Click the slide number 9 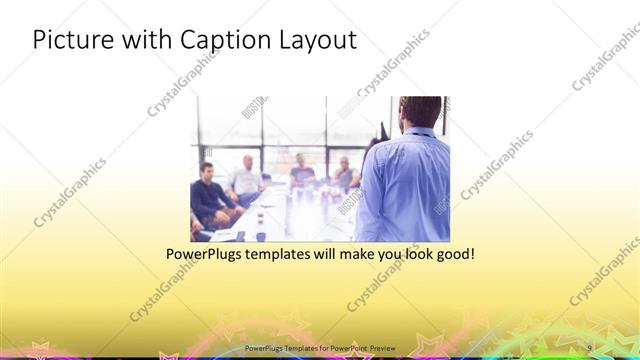tap(590, 346)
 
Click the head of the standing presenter tap(415, 113)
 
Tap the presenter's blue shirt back tap(405, 185)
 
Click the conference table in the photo tap(290, 215)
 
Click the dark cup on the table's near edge tap(260, 236)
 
